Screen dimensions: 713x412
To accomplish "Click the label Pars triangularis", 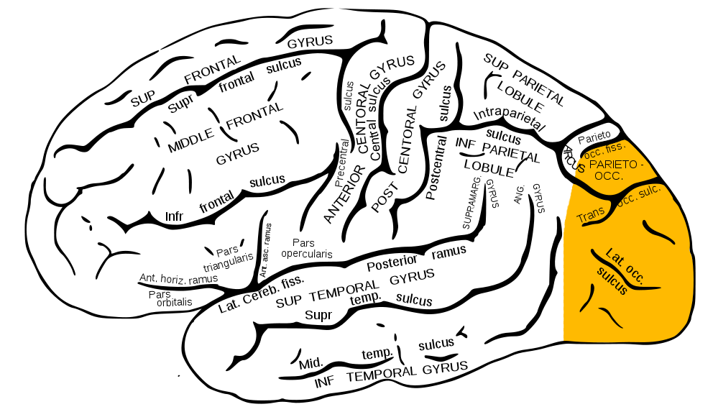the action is [228, 259].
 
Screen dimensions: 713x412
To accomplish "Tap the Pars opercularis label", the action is [306, 248].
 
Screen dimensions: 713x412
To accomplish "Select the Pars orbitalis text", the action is [170, 298].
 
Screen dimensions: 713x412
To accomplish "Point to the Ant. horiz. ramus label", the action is [179, 279].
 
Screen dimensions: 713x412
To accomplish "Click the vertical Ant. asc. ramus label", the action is [265, 250].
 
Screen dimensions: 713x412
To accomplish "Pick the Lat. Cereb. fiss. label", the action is [261, 294].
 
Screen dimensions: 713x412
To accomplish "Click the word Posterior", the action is [392, 263].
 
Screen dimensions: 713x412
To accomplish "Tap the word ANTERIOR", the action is [344, 194].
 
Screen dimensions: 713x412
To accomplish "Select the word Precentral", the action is [341, 163].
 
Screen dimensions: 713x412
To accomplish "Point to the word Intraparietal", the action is [509, 116].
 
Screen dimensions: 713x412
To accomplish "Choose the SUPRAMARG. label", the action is [471, 201].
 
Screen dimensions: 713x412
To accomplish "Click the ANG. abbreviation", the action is [519, 193].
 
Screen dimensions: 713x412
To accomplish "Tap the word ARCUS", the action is [574, 160].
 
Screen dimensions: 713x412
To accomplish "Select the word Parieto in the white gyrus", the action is [594, 137].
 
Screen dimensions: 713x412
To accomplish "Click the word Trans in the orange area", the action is [591, 215].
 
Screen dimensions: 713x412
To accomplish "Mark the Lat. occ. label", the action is [625, 266].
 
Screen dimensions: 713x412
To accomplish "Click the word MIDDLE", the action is [190, 140].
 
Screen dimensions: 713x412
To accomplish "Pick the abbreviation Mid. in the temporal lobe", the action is [311, 364].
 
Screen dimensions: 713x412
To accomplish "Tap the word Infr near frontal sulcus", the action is [174, 216].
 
